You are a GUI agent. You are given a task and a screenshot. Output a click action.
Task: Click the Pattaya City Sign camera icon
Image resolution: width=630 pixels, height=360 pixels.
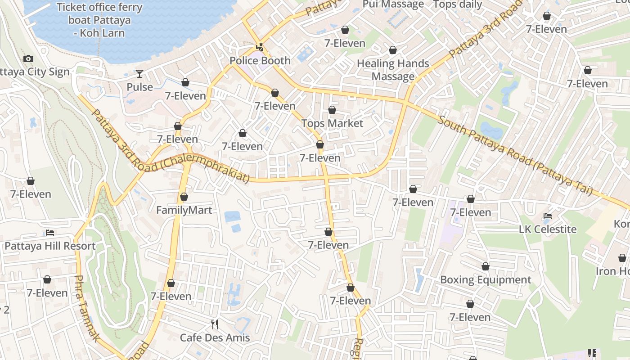[28, 59]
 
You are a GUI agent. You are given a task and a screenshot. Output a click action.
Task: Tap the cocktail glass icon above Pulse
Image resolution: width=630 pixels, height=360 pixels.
[139, 74]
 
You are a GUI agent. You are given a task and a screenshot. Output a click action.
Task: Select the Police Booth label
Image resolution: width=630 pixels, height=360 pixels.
[260, 61]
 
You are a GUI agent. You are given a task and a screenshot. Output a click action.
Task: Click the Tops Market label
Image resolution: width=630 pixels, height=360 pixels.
[332, 123]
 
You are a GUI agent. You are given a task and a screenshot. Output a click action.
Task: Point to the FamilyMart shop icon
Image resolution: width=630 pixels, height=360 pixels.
[184, 197]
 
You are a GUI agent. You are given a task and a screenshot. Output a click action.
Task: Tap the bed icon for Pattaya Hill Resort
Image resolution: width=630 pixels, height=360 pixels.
[50, 233]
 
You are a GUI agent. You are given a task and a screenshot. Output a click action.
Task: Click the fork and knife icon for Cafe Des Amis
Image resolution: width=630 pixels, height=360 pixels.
[215, 324]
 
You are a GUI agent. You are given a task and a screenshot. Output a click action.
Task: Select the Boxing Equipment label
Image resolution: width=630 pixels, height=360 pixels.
[486, 280]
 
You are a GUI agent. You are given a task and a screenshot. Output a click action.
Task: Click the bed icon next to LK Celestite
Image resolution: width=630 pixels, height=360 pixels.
[548, 216]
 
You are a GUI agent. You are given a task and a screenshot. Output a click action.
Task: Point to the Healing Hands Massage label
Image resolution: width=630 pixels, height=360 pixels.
[393, 70]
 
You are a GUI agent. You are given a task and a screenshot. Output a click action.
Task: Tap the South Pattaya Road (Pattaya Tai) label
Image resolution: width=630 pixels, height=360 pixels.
[515, 155]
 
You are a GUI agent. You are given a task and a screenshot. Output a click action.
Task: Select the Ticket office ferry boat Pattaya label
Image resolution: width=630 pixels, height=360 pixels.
[99, 20]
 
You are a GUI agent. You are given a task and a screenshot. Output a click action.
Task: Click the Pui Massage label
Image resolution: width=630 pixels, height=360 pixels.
[393, 5]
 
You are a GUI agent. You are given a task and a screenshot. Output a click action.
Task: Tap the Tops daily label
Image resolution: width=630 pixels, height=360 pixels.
[457, 5]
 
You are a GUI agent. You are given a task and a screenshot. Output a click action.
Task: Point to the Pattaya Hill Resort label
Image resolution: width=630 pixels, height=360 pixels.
[50, 246]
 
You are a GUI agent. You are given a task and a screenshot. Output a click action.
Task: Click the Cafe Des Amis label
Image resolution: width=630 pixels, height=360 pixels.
[215, 337]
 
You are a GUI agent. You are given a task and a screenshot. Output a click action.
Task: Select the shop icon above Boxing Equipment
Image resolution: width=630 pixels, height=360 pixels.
[486, 267]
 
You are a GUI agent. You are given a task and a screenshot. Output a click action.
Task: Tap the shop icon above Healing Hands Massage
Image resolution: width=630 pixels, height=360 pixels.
[393, 50]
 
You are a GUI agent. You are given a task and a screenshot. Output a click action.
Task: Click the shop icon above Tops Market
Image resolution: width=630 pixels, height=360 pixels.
[332, 110]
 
